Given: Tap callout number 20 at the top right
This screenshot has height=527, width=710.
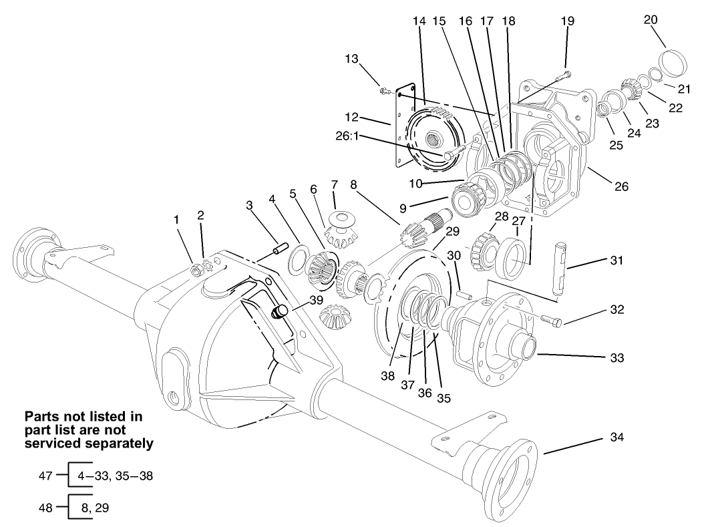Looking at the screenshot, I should tap(650, 19).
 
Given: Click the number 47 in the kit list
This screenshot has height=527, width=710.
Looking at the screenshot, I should tap(46, 476).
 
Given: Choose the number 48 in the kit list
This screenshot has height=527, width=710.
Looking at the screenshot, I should tap(46, 508).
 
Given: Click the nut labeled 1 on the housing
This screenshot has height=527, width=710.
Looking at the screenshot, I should tap(197, 270).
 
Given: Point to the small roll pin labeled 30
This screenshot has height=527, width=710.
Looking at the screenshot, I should tap(464, 293).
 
